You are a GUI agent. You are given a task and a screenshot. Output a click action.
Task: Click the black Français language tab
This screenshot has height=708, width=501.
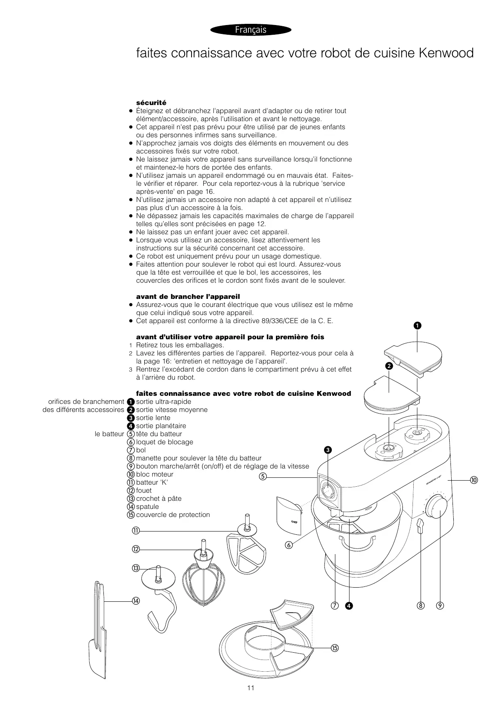point(250,30)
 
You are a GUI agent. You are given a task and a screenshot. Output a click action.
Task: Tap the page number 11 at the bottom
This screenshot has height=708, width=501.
point(250,688)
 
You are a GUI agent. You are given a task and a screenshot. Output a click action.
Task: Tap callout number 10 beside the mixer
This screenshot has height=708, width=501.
point(474,480)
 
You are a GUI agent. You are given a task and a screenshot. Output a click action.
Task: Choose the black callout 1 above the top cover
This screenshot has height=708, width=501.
point(417,325)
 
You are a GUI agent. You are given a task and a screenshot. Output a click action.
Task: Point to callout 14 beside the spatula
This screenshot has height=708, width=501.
point(136,601)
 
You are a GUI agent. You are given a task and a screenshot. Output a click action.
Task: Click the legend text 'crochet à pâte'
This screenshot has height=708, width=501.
point(159,498)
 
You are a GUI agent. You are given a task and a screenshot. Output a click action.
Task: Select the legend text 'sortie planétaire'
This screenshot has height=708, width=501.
point(161,426)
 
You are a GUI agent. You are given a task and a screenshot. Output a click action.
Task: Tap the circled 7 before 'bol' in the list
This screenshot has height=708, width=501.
point(131,450)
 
